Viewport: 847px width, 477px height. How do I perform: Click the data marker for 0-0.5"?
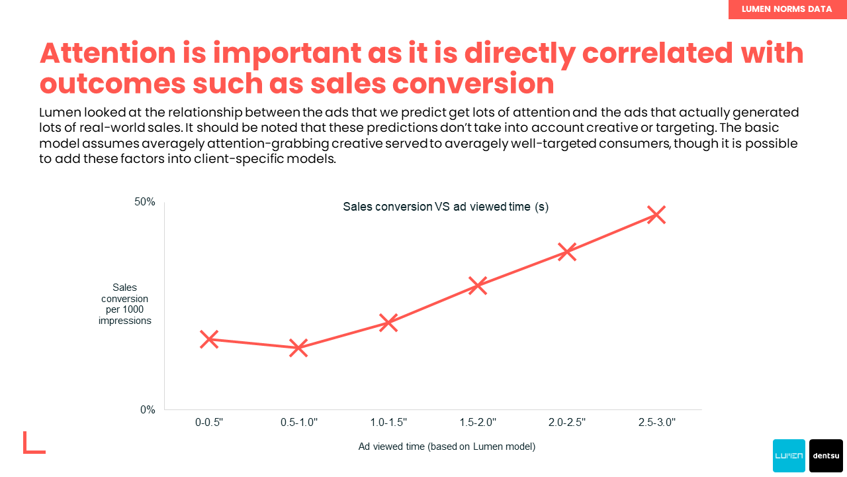[209, 339]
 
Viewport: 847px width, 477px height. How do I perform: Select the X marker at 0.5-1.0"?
[298, 348]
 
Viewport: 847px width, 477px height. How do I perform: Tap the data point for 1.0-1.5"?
[388, 323]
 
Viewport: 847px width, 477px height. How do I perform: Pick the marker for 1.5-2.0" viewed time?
[478, 286]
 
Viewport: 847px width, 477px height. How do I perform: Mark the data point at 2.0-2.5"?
[567, 252]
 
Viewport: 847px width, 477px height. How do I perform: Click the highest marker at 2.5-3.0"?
[656, 215]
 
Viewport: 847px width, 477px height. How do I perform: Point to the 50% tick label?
[145, 202]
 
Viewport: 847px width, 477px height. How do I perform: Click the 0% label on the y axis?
[148, 410]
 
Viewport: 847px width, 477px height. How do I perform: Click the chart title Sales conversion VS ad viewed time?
[445, 207]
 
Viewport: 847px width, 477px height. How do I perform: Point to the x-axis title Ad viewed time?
[447, 447]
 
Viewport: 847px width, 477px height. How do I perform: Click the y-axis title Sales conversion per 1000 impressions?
[125, 304]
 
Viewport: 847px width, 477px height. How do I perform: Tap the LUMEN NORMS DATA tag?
[787, 9]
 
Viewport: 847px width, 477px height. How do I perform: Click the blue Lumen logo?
[789, 456]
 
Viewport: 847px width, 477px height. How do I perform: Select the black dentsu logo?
[826, 456]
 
